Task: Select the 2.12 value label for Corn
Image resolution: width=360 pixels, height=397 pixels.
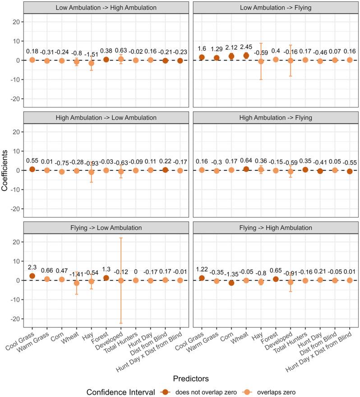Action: click(231, 48)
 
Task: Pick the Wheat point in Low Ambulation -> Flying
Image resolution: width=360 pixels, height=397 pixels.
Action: click(246, 56)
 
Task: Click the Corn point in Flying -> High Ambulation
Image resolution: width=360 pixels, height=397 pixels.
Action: click(231, 283)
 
